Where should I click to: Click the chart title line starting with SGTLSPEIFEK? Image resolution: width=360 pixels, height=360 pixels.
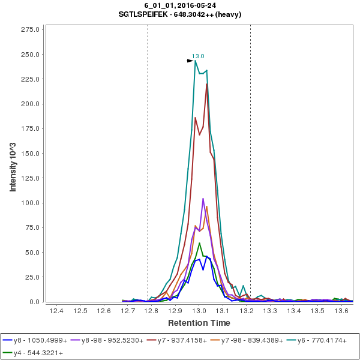coord(180,14)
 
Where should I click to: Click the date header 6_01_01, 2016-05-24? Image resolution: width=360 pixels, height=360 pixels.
coord(180,6)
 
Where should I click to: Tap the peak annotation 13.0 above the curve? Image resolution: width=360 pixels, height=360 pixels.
coord(198,56)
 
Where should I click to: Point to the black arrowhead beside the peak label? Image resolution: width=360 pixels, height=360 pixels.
coord(190,61)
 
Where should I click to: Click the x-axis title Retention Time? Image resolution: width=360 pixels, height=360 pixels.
coord(198,323)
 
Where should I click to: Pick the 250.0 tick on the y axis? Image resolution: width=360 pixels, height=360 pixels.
coord(31,55)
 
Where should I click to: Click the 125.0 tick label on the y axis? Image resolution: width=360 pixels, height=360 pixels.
coord(31,178)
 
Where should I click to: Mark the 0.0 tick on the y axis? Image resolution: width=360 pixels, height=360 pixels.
coord(35,302)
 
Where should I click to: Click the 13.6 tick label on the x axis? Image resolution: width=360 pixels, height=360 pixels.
coord(341,311)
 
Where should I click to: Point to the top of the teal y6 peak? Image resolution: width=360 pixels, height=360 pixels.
coord(196,61)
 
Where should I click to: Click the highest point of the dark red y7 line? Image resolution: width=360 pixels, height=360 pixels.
coord(206,84)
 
